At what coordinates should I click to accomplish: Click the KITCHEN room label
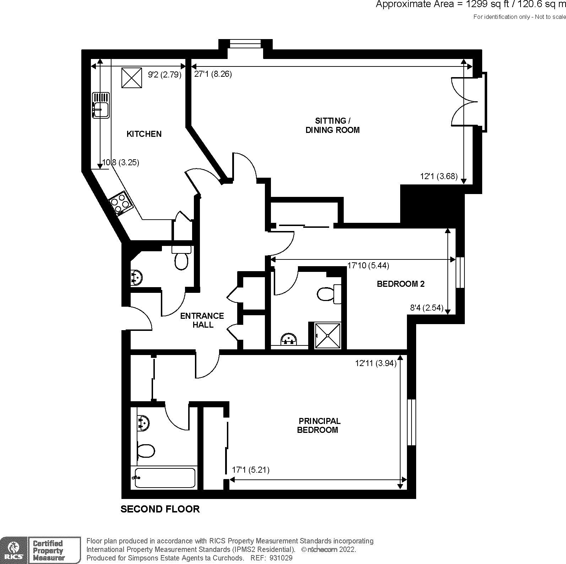(x=144, y=134)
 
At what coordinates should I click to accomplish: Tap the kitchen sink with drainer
(x=101, y=105)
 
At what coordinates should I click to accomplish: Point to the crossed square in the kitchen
(x=132, y=77)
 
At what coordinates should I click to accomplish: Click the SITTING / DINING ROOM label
(x=332, y=125)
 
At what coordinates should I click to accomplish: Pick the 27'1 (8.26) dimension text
(x=213, y=74)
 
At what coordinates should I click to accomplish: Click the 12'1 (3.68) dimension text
(x=439, y=176)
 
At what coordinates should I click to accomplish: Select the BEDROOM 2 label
(x=400, y=284)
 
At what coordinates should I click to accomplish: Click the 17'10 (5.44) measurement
(x=368, y=265)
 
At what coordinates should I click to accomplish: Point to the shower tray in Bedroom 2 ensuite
(x=327, y=335)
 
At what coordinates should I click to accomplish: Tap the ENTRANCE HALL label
(x=202, y=320)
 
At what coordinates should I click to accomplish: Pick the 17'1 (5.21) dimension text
(x=250, y=470)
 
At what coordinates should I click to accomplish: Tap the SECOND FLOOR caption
(x=160, y=509)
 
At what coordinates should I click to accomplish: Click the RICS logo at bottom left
(x=14, y=550)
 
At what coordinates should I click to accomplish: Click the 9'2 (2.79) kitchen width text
(x=164, y=75)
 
